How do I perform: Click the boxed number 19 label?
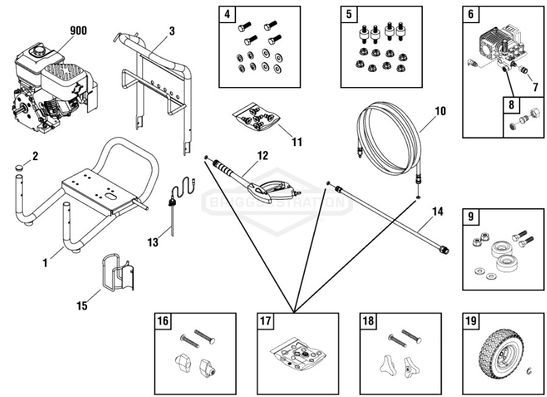470,322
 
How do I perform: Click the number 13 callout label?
153,243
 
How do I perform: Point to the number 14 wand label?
437,213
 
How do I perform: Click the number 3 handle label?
173,30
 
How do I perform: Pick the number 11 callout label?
296,142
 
